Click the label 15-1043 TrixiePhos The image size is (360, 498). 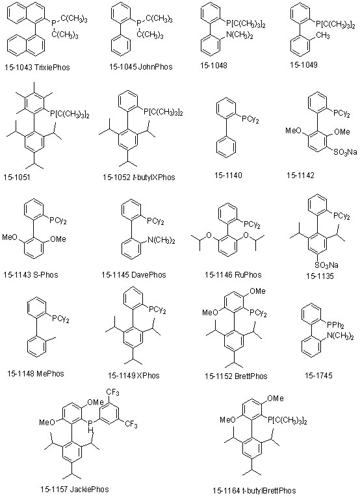(37, 68)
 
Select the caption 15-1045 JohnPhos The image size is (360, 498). (141, 67)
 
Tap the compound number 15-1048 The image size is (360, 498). (214, 66)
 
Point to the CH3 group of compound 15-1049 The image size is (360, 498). (321, 36)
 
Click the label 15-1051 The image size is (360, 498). (17, 177)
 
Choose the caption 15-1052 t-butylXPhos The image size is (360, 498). (138, 177)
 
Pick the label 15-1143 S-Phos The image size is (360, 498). (31, 274)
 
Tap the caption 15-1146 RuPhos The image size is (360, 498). (233, 275)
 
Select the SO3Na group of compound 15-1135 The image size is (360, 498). (327, 265)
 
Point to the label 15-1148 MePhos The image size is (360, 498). (36, 373)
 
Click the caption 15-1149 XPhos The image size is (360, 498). (134, 375)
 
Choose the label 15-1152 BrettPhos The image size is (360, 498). (236, 376)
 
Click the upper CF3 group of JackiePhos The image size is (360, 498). (113, 393)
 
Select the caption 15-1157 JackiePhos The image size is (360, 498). (75, 489)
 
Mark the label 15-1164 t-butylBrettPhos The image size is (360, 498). (254, 491)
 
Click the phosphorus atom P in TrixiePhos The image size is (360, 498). (53, 22)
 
